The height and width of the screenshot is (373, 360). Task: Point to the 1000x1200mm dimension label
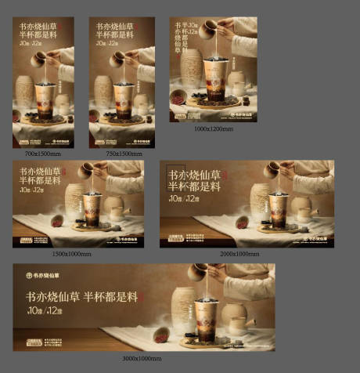coord(213,127)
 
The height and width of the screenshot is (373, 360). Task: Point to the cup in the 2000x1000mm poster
coord(277,210)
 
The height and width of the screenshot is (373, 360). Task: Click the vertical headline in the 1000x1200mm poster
coord(182,41)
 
